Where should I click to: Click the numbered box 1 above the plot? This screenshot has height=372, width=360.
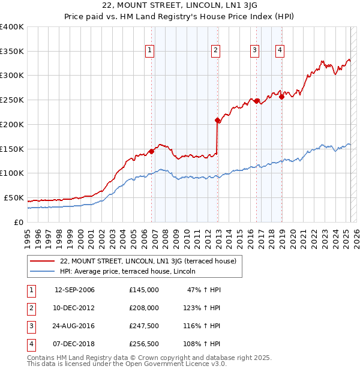pyautogui.click(x=149, y=50)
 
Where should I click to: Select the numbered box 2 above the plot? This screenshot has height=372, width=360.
pyautogui.click(x=215, y=50)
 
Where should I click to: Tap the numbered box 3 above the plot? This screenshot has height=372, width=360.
pyautogui.click(x=254, y=50)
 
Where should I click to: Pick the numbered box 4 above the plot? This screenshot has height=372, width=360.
pyautogui.click(x=280, y=50)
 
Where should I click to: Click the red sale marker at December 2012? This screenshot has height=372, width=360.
pyautogui.click(x=218, y=121)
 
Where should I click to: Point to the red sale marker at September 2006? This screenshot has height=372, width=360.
pyautogui.click(x=152, y=151)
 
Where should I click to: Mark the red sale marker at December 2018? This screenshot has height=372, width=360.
pyautogui.click(x=281, y=97)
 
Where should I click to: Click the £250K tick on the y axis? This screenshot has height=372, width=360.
pyautogui.click(x=11, y=100)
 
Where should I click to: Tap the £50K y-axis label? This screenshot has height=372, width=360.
pyautogui.click(x=14, y=197)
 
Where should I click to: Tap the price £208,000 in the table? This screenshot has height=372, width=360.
pyautogui.click(x=143, y=308)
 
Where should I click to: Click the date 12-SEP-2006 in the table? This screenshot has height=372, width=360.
pyautogui.click(x=74, y=290)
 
